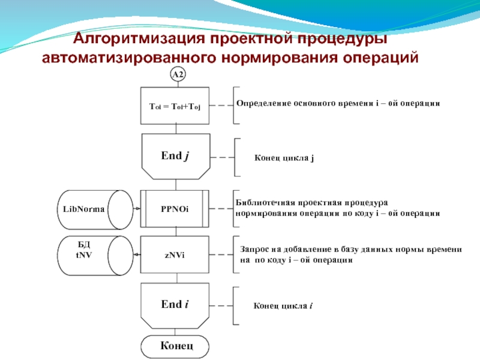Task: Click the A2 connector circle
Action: point(178,74)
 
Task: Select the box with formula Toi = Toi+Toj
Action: point(175,106)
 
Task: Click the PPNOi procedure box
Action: point(175,209)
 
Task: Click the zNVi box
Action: point(175,254)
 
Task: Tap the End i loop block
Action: point(175,305)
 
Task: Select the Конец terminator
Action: point(175,346)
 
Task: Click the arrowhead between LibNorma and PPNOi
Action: point(138,209)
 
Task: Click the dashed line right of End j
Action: point(221,158)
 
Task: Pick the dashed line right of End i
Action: point(221,305)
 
